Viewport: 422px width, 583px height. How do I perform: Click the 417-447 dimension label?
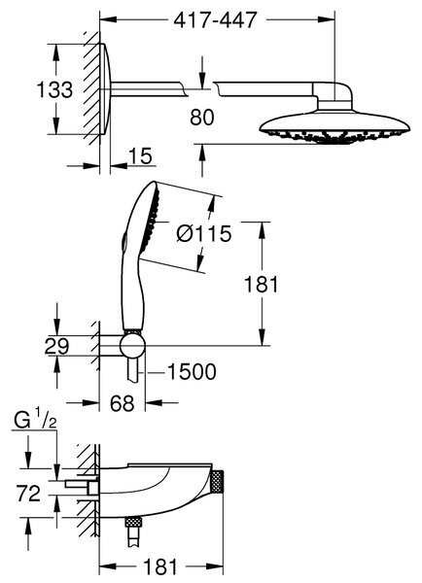pos(216,19)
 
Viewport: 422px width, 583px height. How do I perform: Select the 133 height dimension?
pos(54,89)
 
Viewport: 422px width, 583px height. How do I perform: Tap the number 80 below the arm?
pos(202,118)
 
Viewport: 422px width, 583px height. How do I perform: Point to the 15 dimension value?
pos(141,155)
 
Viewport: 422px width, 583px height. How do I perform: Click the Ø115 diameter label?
pos(204,234)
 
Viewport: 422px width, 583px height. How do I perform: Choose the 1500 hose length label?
pos(192,371)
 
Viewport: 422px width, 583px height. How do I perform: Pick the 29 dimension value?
pos(56,346)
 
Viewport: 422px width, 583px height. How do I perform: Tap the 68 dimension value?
pos(123,402)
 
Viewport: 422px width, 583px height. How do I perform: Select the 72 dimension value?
pos(28,494)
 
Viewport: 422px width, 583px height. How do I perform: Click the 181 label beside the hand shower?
pos(262,285)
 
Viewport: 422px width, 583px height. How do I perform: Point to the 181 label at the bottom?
pos(160,567)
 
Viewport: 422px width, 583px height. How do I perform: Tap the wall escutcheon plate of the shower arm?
pos(105,89)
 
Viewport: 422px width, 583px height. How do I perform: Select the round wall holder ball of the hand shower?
pos(132,345)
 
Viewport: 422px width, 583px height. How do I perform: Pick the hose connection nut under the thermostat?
pos(133,521)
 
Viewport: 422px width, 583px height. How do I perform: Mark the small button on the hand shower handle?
pos(123,242)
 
